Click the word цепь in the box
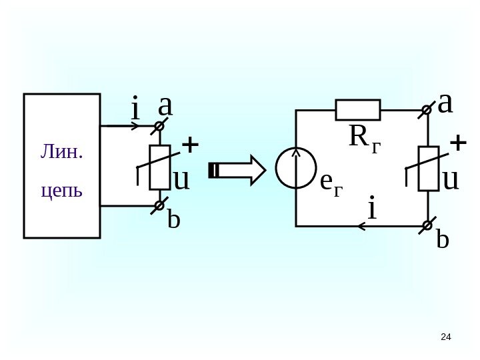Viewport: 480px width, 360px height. [x=61, y=191]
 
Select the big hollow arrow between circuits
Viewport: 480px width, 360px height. [x=237, y=169]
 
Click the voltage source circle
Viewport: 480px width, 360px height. [x=295, y=168]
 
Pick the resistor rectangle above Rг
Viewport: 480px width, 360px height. [x=357, y=109]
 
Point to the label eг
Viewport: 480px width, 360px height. [x=331, y=181]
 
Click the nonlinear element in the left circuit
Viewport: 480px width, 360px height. [x=159, y=167]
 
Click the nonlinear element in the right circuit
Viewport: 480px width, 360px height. [x=428, y=169]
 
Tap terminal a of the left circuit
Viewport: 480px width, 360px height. [x=159, y=125]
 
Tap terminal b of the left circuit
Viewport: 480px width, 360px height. [x=159, y=207]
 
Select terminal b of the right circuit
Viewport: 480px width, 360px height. [x=427, y=227]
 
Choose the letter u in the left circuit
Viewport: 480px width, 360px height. [x=181, y=179]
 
